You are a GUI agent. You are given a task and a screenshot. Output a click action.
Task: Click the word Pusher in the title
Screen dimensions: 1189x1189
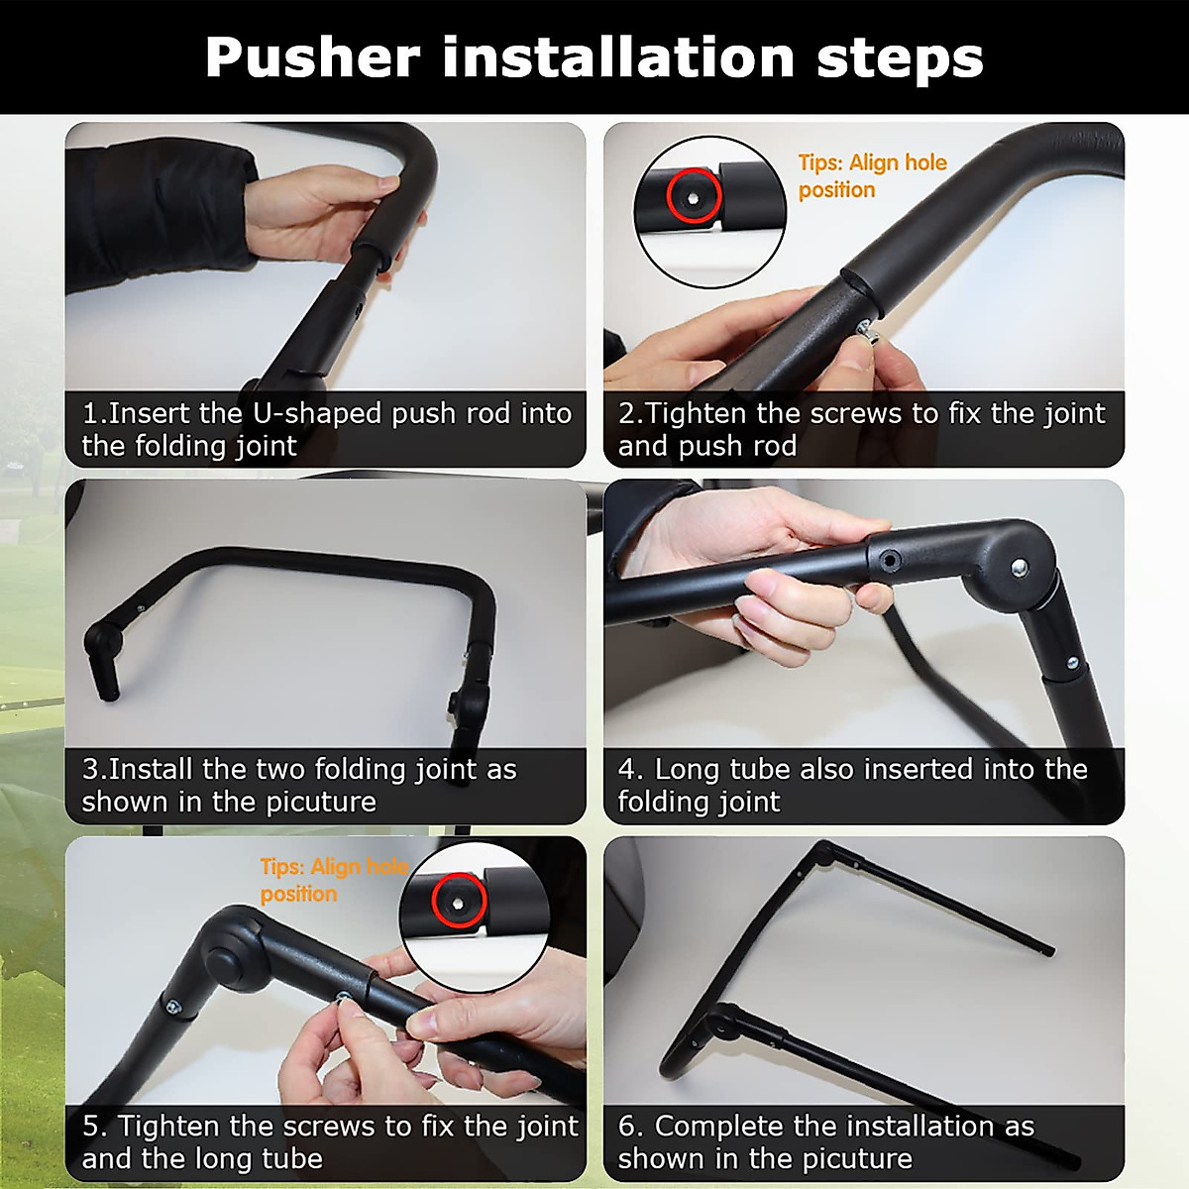coord(312,57)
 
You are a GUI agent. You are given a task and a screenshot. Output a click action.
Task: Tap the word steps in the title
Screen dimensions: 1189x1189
coord(899,57)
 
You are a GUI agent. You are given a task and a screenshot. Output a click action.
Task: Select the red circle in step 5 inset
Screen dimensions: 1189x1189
coord(458,900)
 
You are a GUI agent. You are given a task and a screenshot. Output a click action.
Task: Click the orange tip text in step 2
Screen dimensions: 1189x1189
coord(872,176)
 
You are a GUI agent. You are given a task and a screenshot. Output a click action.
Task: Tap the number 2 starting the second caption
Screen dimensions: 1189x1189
coord(627,413)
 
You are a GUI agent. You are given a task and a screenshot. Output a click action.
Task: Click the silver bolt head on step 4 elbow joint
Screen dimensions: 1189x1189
coord(1019,568)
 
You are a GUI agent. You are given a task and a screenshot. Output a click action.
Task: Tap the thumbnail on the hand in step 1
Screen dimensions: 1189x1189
coord(387,184)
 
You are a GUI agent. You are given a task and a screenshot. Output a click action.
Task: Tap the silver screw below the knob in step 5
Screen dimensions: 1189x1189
coord(173,1007)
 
